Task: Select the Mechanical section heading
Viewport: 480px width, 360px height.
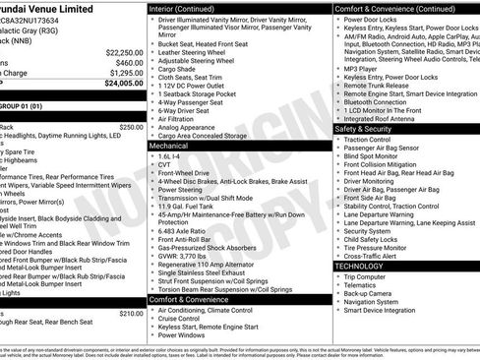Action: (x=169, y=145)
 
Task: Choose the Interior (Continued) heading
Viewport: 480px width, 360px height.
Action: (x=188, y=8)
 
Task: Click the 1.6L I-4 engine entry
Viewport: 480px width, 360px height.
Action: (x=170, y=155)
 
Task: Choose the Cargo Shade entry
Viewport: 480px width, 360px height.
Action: (x=177, y=70)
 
